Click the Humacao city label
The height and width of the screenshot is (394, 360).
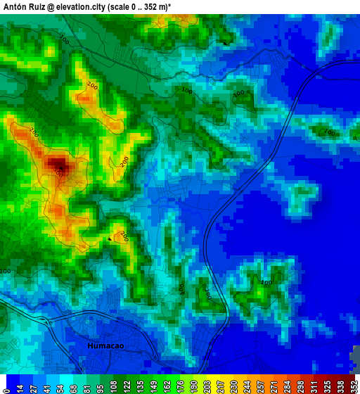105,346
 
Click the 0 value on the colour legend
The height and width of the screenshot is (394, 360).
5,386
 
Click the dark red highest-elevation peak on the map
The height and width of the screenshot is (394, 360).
56,165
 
